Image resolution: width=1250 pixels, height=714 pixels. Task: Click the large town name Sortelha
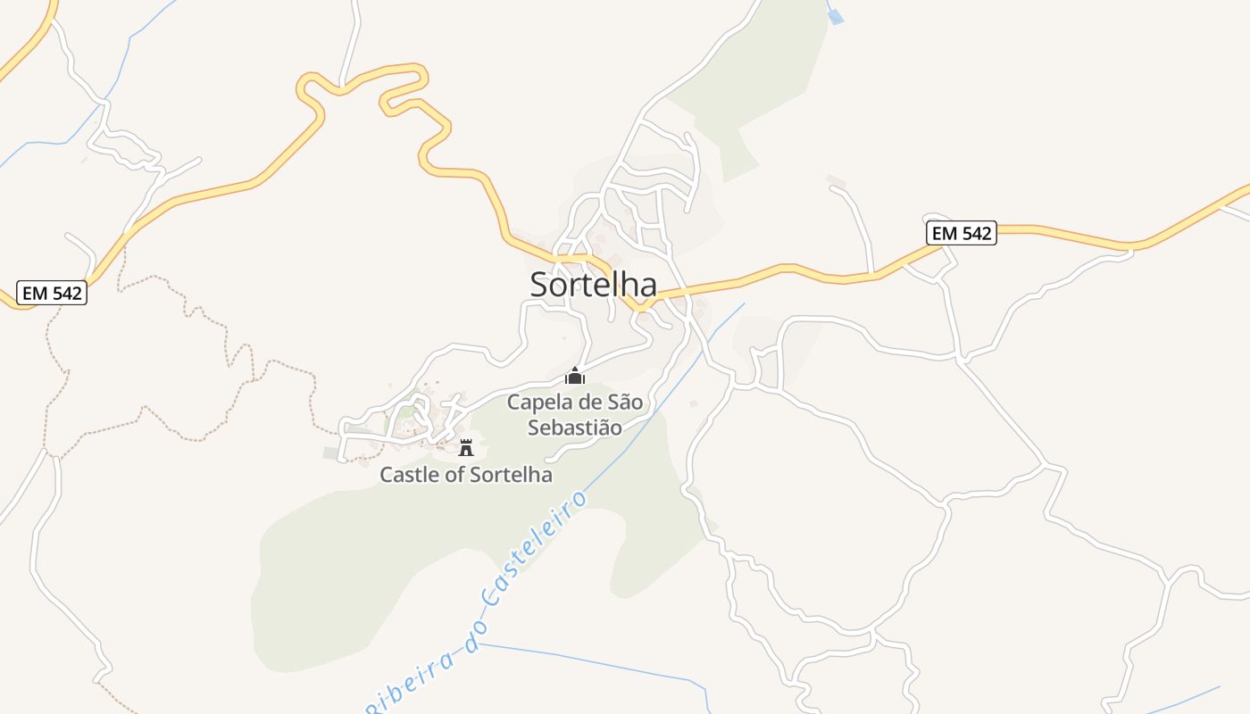coord(594,285)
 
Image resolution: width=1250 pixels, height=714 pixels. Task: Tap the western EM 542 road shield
coord(52,293)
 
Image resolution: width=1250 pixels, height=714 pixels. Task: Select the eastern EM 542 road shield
coord(961,233)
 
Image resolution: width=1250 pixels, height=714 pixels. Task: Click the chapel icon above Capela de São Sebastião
coord(575,376)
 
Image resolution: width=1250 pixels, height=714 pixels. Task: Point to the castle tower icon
coord(465,447)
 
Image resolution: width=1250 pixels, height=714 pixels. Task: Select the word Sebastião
coord(574,428)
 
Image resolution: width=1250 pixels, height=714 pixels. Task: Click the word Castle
coord(409,475)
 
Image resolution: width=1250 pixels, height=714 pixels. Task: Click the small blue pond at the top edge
coord(836,16)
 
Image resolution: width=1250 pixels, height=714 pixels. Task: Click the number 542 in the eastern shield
coord(972,233)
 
